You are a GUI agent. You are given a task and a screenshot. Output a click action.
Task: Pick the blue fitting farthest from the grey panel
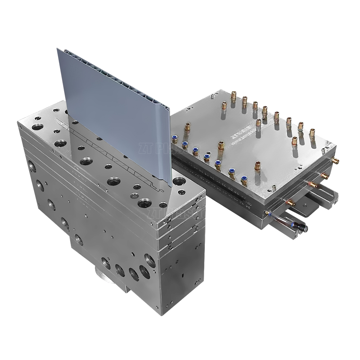tap(244, 179)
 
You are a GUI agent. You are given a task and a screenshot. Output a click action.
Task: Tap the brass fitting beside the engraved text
tap(258, 123)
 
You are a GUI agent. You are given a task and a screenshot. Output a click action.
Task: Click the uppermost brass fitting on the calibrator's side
tap(335, 161)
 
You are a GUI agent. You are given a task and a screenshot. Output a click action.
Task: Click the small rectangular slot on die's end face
tap(183, 276)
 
